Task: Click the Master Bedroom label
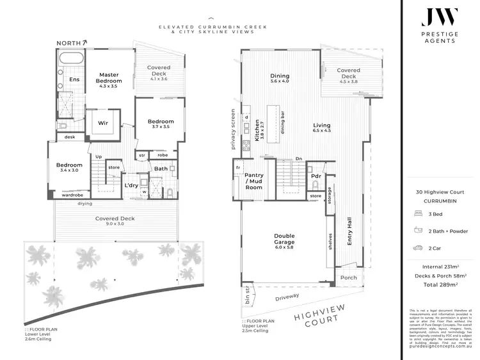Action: click(108, 78)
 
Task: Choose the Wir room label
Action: click(102, 123)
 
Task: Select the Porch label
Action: click(349, 277)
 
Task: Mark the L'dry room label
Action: click(131, 185)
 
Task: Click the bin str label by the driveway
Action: click(248, 299)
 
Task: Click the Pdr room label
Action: click(316, 176)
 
